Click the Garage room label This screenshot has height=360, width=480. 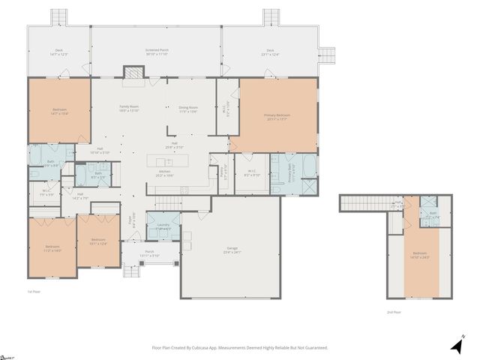[x=232, y=250]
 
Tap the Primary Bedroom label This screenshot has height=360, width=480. [x=277, y=117]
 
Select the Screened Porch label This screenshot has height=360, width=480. [x=157, y=52]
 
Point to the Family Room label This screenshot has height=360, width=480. [x=130, y=109]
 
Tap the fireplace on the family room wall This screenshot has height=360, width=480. [x=133, y=72]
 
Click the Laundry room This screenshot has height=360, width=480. [x=163, y=226]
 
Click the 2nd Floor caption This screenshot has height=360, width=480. [x=394, y=312]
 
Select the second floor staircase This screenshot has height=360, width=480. [x=366, y=203]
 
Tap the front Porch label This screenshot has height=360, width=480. [x=149, y=253]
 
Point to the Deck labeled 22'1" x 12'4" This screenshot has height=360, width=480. [x=269, y=52]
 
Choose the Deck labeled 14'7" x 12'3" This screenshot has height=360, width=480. [x=58, y=52]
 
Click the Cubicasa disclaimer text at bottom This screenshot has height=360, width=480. [x=239, y=348]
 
